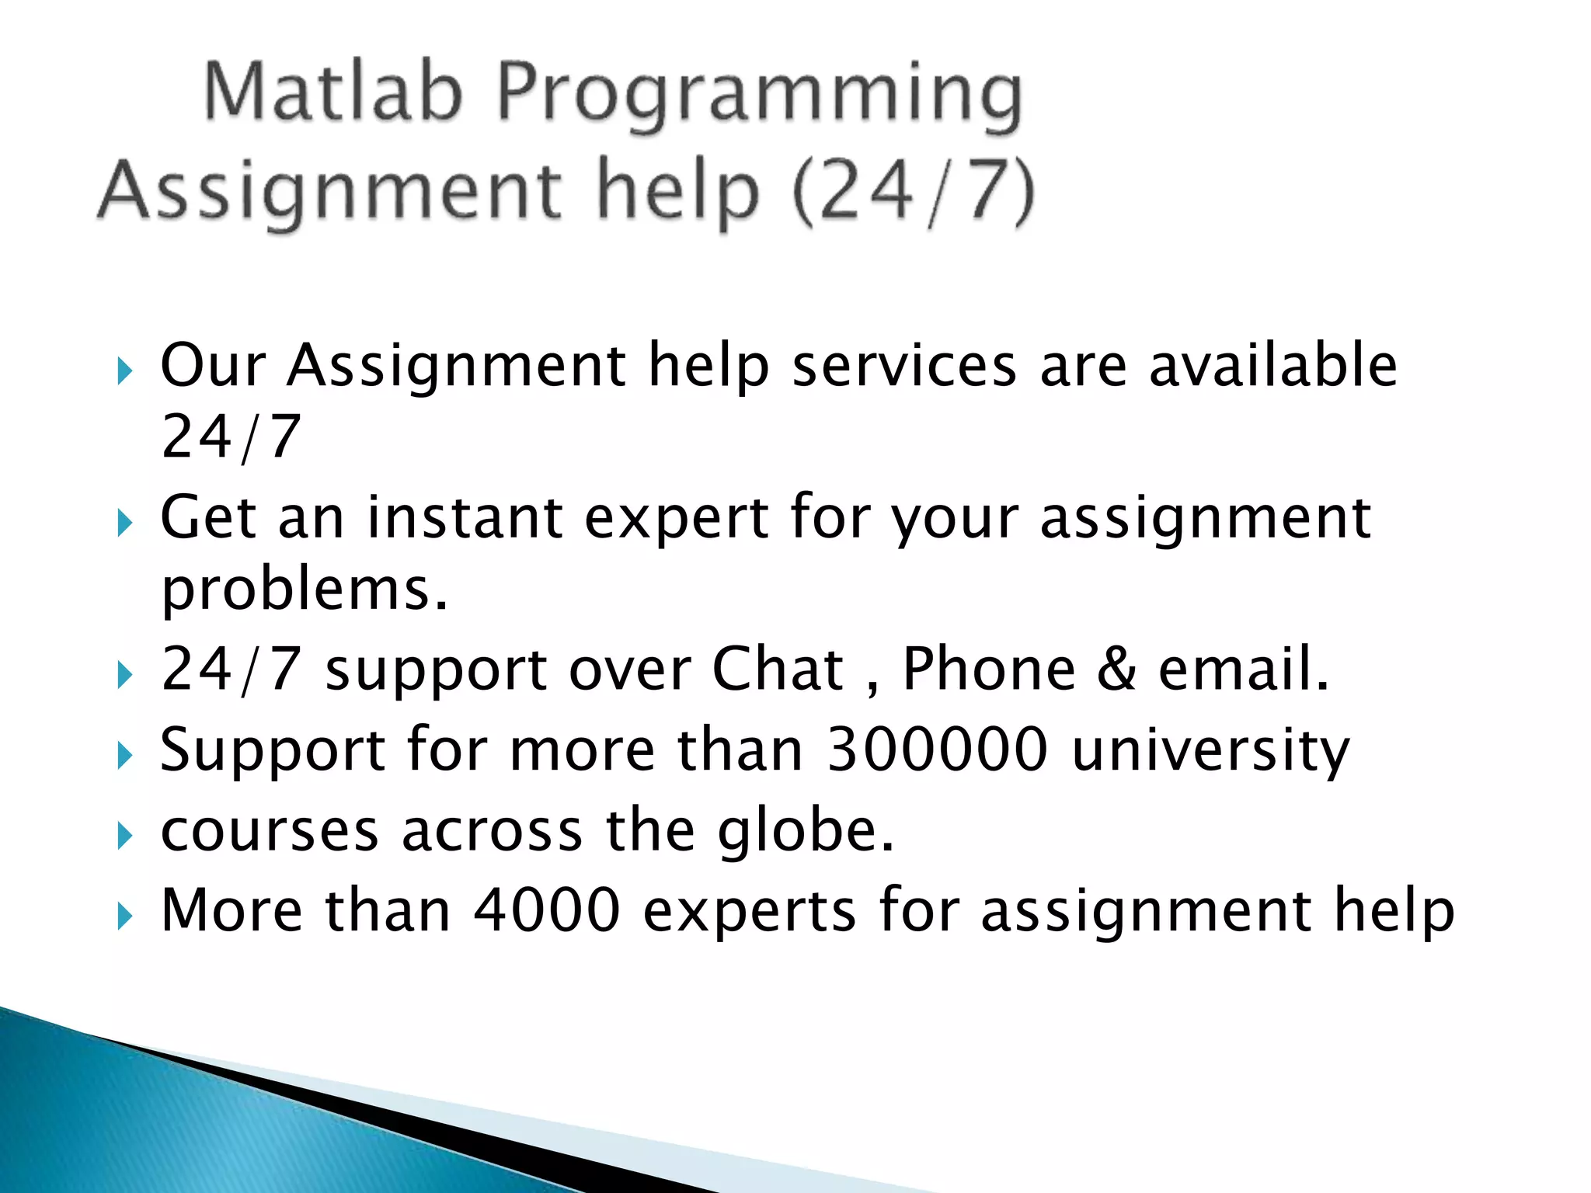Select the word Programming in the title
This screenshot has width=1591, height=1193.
pyautogui.click(x=759, y=96)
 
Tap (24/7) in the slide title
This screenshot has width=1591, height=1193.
pyautogui.click(x=914, y=191)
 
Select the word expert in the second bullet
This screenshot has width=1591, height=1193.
pyautogui.click(x=676, y=519)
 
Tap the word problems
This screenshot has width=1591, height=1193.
pyautogui.click(x=304, y=590)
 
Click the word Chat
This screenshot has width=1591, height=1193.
pyautogui.click(x=778, y=669)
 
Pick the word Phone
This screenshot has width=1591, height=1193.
pyautogui.click(x=988, y=669)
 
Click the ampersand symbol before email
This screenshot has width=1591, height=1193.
pyautogui.click(x=1116, y=669)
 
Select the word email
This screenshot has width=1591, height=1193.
pyautogui.click(x=1243, y=669)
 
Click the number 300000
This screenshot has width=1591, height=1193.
pyautogui.click(x=937, y=750)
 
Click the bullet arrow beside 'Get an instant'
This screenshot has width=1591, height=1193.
pyautogui.click(x=124, y=524)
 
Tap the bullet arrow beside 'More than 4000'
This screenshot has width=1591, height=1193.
pyautogui.click(x=124, y=917)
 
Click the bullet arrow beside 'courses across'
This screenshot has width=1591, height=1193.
pyautogui.click(x=124, y=836)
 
